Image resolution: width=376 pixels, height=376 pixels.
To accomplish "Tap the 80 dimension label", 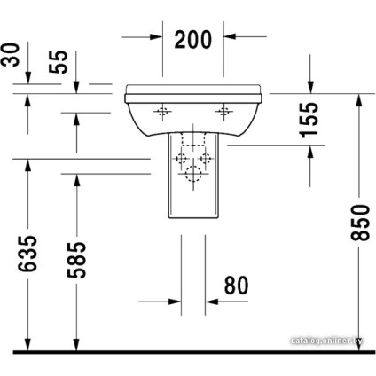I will click(x=236, y=286).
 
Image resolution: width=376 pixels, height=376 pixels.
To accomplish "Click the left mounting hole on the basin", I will click(x=162, y=110).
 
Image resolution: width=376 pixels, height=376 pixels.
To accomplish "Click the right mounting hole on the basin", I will click(x=224, y=110).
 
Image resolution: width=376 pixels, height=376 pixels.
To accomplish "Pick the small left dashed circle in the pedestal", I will click(x=180, y=160).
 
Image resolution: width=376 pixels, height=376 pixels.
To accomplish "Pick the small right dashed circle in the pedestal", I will click(x=207, y=160).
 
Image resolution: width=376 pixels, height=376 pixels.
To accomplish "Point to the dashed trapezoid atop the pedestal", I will click(x=193, y=142).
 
